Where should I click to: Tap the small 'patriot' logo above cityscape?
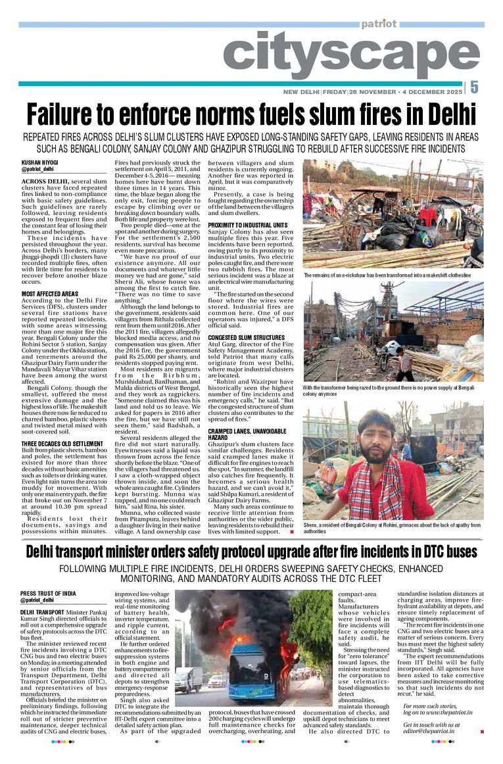378,24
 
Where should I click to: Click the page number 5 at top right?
474,87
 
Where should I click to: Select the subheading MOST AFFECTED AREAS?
50,293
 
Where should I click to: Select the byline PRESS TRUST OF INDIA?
48,594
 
